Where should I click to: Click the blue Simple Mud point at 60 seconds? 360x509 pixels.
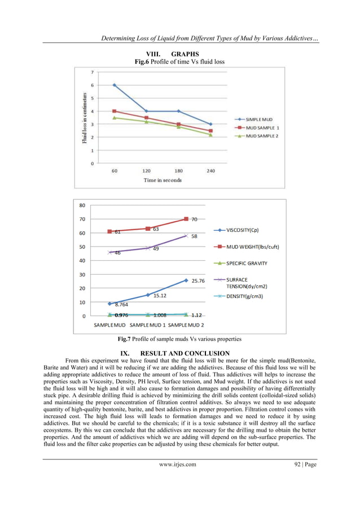[115, 85]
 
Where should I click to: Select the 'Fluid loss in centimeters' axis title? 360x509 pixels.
[85, 119]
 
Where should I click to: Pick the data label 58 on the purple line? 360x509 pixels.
[194, 236]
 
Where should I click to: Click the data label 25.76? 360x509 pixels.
[197, 280]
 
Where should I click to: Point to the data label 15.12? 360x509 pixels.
[160, 295]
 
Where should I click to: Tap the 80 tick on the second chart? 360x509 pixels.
[82, 205]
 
